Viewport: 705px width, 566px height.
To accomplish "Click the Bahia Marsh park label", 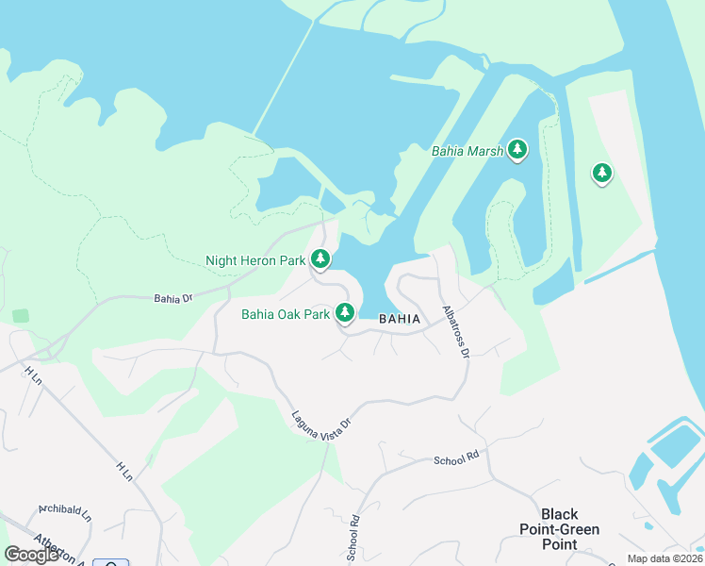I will tap(467, 150).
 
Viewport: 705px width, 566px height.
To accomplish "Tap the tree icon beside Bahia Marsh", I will tap(516, 149).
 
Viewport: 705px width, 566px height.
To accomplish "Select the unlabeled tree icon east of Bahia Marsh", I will tap(601, 173).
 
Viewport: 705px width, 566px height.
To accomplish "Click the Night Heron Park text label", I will tap(255, 259).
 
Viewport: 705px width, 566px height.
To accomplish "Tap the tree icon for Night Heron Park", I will tap(320, 258).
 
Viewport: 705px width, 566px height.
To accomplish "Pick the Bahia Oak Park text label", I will tap(284, 314).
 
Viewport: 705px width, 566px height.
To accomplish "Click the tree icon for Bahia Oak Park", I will tap(345, 312).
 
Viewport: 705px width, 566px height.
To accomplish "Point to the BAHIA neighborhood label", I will tap(400, 319).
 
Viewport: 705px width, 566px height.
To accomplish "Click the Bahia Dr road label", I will tap(173, 298).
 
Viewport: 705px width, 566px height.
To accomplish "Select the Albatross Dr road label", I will tap(455, 331).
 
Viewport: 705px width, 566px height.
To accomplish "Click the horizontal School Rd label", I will tap(456, 459).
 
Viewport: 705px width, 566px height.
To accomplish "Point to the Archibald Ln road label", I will tap(65, 513).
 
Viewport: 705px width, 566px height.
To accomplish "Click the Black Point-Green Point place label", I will tap(559, 529).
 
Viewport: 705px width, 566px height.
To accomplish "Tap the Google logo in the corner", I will tap(31, 555).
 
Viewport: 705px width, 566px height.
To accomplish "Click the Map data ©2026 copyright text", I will tap(664, 558).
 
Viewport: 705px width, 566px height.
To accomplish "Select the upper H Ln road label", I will tap(34, 376).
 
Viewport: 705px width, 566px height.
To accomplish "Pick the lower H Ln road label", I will tap(124, 471).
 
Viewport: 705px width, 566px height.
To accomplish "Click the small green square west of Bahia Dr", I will tap(21, 316).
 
